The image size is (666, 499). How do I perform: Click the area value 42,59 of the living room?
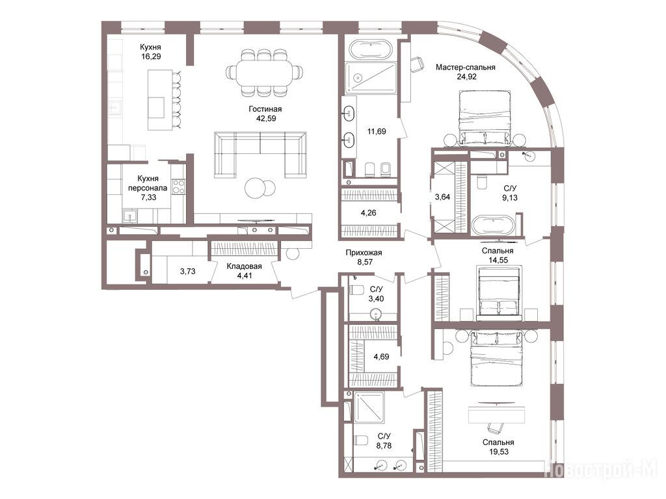coord(265,118)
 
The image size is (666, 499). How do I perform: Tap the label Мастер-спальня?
coord(466,67)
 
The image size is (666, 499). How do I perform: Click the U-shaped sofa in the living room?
coord(260,155)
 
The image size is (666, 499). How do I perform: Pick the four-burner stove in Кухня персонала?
coord(178,187)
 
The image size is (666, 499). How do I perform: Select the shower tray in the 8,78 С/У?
coord(369,407)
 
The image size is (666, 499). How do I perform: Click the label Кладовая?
coord(245,266)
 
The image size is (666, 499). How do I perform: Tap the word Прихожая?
coord(364,253)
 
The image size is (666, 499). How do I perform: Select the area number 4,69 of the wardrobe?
coord(381,357)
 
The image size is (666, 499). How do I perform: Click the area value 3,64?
coord(442,197)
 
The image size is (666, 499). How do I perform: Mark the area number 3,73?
coord(188,271)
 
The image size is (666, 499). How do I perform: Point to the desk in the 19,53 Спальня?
coord(496,415)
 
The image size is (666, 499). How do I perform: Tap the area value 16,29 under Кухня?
coord(151,57)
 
